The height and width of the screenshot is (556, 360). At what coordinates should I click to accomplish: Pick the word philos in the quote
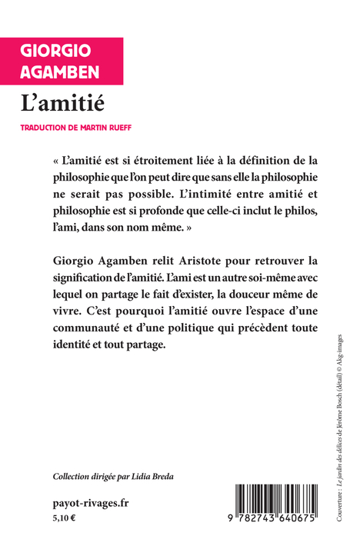coord(277,210)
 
